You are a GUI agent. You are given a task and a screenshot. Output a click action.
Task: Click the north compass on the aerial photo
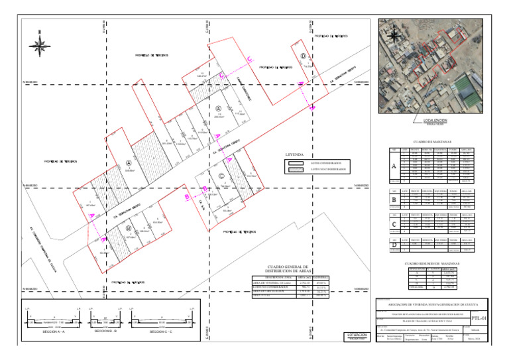[387, 29]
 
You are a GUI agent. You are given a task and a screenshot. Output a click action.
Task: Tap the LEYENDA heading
[294, 154]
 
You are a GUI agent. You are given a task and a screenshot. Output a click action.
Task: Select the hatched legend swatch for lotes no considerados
[296, 170]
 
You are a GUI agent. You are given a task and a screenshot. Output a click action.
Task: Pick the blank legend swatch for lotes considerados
[296, 162]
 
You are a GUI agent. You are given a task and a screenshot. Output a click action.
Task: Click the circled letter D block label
[303, 56]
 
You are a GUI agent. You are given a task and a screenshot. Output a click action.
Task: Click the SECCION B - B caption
[107, 330]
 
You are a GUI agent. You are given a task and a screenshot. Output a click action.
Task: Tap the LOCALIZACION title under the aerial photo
[431, 120]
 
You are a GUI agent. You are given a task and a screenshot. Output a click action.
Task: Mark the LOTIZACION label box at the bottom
[357, 336]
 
